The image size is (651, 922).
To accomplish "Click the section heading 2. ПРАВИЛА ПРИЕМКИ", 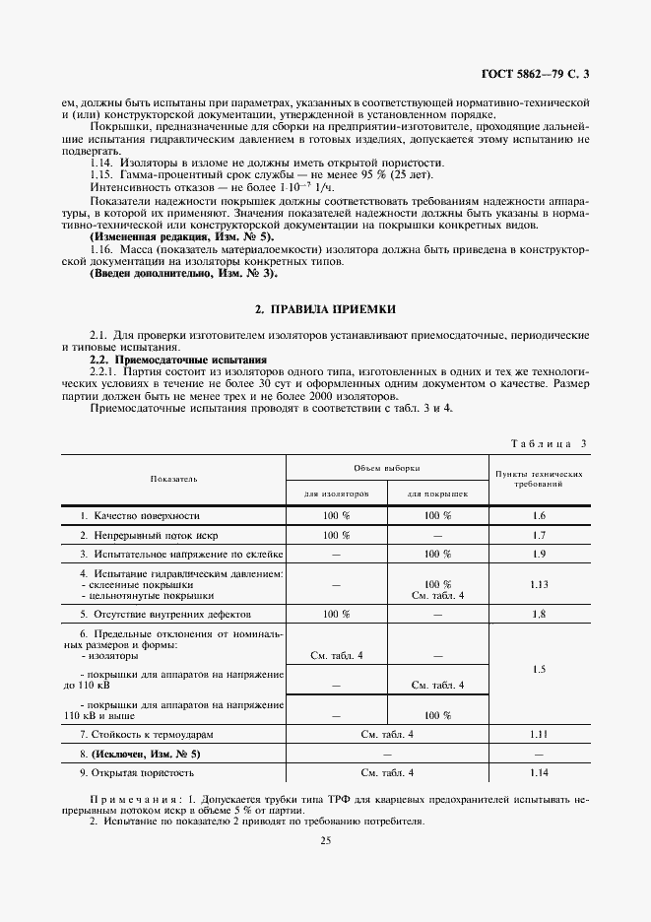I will [x=324, y=309].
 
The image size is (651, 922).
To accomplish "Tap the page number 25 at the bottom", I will [x=325, y=840].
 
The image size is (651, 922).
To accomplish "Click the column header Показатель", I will [x=173, y=478].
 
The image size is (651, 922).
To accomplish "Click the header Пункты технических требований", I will [x=538, y=478].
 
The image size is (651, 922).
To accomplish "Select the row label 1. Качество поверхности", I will [x=140, y=515].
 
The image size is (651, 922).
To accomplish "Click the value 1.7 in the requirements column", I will [x=538, y=535].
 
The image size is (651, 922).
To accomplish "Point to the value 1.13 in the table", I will [x=538, y=584].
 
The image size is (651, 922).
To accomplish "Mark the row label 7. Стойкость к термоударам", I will [x=146, y=734].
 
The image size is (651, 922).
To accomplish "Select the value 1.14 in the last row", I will [x=538, y=772].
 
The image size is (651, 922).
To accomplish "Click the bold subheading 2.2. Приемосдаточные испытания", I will [x=150, y=362].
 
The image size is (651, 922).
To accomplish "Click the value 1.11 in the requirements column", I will [x=538, y=734].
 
